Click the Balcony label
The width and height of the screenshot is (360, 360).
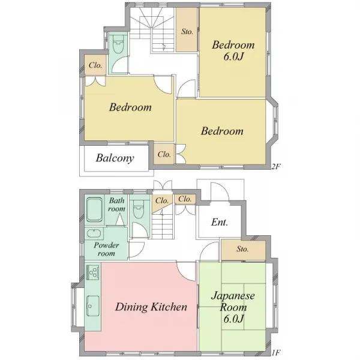115,158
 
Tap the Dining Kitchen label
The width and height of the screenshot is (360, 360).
151,307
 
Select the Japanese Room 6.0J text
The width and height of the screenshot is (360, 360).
233,307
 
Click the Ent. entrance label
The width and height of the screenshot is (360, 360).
220,222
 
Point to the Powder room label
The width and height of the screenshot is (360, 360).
106,250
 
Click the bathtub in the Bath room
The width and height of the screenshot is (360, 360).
94,210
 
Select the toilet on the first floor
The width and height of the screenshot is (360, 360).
139,209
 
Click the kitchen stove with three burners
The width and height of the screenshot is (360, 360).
93,272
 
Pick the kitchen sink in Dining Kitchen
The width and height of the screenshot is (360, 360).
93,306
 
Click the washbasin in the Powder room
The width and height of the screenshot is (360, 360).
94,234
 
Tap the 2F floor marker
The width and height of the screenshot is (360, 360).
275,166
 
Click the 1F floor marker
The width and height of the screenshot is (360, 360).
276,352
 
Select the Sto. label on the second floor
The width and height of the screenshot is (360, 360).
187,31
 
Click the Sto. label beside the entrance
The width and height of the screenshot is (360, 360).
242,249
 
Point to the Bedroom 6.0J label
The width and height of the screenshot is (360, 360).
233,50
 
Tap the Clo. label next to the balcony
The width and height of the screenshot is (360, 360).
164,154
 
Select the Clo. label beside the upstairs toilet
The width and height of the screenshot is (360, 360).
95,65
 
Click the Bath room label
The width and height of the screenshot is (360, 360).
116,205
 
